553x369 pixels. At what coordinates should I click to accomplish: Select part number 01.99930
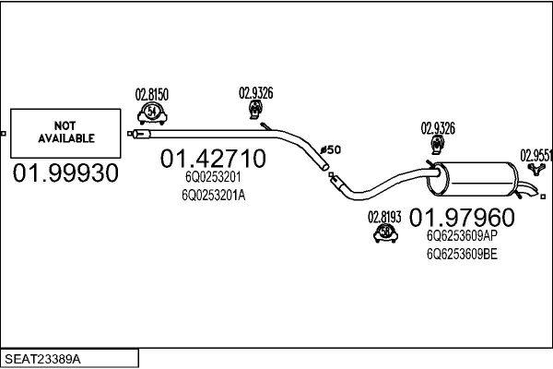[x=65, y=173]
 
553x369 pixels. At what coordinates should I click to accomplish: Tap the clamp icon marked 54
[x=152, y=113]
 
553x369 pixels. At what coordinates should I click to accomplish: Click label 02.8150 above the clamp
[x=152, y=95]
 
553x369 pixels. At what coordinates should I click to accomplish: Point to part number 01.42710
[x=213, y=158]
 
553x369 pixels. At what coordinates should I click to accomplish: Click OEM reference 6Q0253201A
[x=214, y=195]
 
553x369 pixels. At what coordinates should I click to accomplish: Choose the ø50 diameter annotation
[x=331, y=149]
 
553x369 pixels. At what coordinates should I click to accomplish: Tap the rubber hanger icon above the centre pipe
[x=255, y=110]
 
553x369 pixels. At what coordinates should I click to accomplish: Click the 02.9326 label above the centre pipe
[x=256, y=93]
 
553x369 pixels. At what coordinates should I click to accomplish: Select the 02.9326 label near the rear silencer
[x=438, y=128]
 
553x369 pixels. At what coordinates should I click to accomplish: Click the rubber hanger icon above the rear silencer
[x=438, y=145]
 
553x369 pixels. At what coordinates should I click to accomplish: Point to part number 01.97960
[x=462, y=218]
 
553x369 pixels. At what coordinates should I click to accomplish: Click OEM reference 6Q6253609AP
[x=462, y=236]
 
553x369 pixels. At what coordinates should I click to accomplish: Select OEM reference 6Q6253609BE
[x=462, y=254]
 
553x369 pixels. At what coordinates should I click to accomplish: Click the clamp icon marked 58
[x=385, y=232]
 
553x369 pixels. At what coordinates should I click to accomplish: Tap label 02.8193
[x=384, y=217]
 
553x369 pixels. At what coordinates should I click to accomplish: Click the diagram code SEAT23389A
[x=42, y=359]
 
